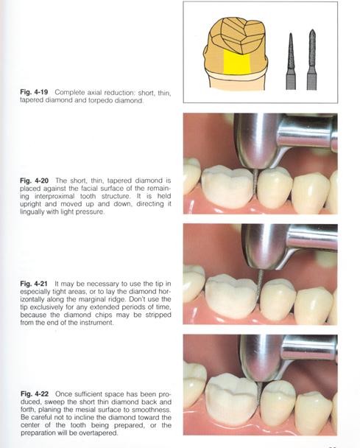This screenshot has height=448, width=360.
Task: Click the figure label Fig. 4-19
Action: (x=34, y=92)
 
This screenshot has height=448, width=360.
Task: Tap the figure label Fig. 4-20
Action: (x=35, y=181)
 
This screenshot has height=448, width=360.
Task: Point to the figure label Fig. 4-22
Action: (x=35, y=394)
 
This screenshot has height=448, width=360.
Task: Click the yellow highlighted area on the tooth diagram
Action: (x=236, y=63)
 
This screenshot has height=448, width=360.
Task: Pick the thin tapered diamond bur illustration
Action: (x=291, y=61)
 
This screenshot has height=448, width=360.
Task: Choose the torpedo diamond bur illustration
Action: (x=312, y=60)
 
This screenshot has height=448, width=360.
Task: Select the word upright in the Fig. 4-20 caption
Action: (x=31, y=204)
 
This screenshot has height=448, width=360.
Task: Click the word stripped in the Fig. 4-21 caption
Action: (x=158, y=315)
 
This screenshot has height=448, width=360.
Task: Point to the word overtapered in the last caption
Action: (x=102, y=433)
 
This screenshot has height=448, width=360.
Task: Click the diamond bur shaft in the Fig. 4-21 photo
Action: (x=261, y=286)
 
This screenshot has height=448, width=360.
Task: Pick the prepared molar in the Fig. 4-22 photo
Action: (x=231, y=399)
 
